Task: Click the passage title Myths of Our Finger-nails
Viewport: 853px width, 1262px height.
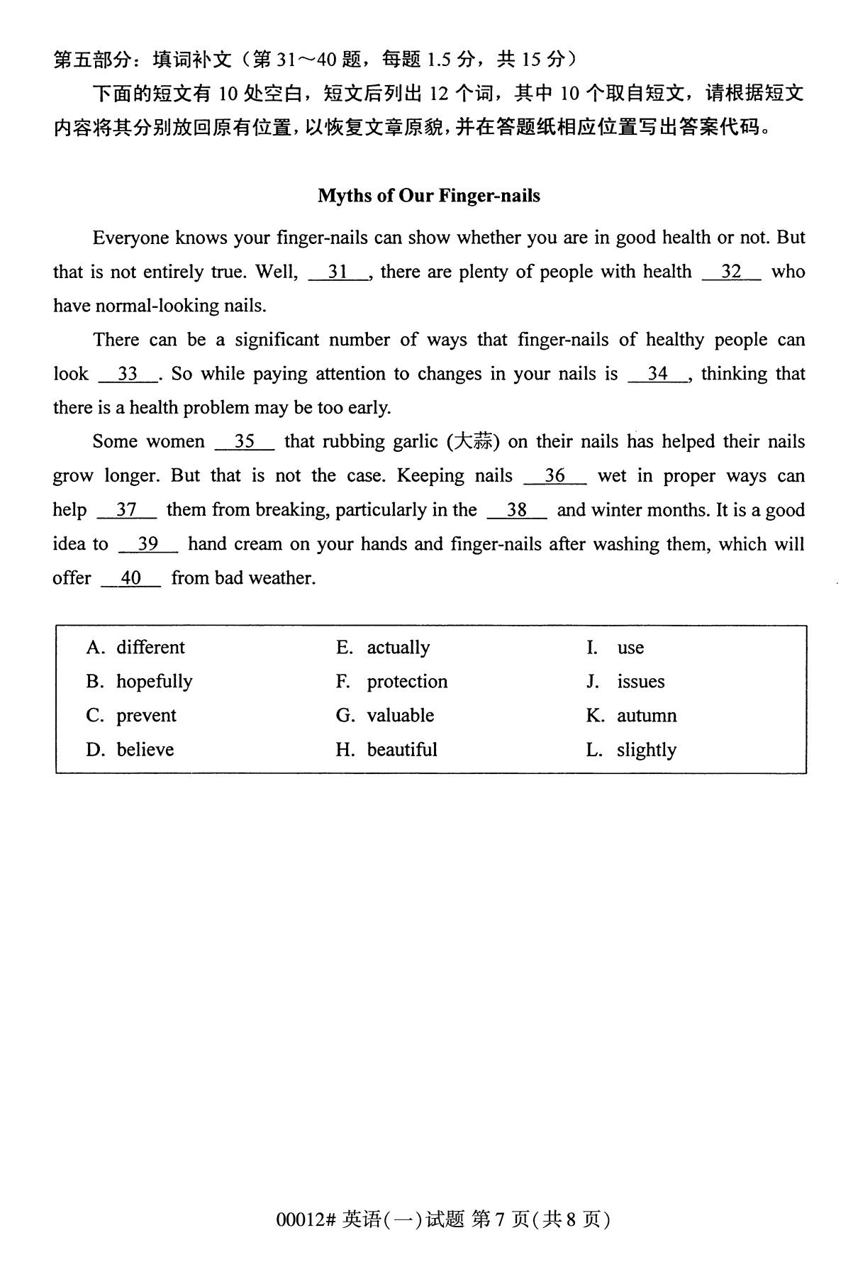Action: point(428,196)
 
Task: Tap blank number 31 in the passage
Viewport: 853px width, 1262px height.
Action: point(338,272)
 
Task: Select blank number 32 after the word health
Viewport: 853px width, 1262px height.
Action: point(731,272)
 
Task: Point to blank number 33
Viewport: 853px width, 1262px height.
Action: point(128,374)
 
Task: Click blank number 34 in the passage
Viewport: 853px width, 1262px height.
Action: point(658,374)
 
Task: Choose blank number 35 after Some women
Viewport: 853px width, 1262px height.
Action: point(245,441)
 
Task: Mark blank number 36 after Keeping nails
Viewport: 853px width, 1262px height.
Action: point(554,475)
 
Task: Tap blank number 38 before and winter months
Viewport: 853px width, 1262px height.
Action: point(517,510)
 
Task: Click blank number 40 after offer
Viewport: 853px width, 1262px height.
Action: point(131,578)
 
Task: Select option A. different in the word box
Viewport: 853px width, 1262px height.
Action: point(135,647)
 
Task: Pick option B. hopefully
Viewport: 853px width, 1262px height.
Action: point(140,681)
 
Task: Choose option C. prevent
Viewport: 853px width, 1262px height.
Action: point(132,715)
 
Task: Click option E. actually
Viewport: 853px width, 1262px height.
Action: point(383,647)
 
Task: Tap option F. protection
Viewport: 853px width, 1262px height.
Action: point(392,681)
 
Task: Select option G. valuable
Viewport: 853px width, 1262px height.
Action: point(385,715)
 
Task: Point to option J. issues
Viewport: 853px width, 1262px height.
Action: point(625,681)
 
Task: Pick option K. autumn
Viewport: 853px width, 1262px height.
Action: point(631,715)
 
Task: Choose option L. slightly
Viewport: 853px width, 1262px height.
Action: point(631,749)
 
